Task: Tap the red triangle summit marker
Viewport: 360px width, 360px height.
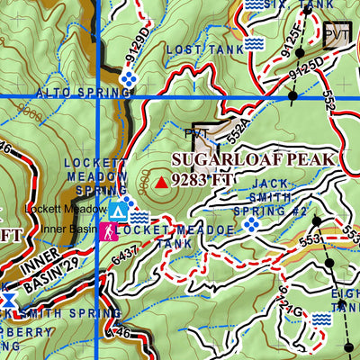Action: [x=161, y=182]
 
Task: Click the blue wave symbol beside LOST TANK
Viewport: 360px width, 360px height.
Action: [x=254, y=43]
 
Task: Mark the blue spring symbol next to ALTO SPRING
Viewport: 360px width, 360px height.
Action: [x=129, y=80]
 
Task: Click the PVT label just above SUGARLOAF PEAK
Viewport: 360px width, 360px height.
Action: [x=195, y=134]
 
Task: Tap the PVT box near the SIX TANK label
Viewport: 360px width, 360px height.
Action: [x=337, y=34]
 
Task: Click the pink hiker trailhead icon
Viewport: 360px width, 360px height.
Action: [x=107, y=230]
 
